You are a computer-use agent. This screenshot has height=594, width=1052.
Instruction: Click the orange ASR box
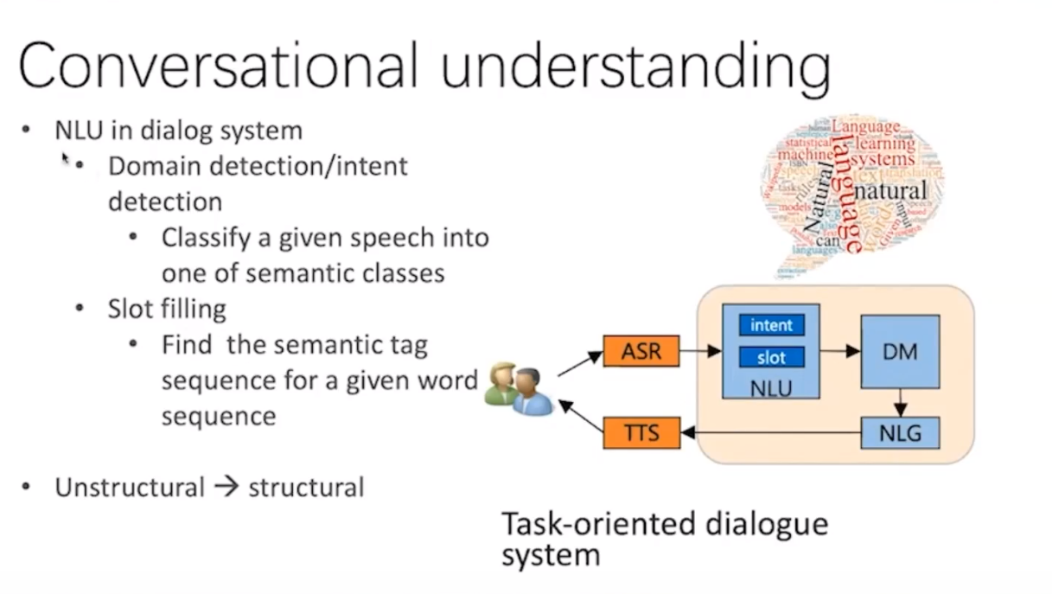click(x=641, y=351)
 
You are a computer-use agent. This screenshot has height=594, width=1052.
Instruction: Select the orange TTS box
click(x=641, y=431)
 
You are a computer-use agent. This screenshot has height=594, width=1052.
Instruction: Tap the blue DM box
click(x=900, y=351)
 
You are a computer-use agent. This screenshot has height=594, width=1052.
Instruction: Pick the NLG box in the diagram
click(x=900, y=431)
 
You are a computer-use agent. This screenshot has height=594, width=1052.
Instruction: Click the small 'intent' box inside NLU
click(x=771, y=325)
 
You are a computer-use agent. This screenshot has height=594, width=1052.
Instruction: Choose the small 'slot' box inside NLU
click(x=771, y=357)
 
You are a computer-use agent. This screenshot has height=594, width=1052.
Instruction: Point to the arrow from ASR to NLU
click(x=700, y=351)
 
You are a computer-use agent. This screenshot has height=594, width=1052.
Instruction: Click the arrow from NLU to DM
click(x=840, y=351)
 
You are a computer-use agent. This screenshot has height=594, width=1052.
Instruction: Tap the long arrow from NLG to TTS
click(x=769, y=431)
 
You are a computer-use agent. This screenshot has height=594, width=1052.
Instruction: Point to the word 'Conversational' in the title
click(x=217, y=65)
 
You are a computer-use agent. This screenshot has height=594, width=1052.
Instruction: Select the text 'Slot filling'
click(x=167, y=309)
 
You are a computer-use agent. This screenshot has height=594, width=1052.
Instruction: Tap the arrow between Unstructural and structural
click(x=226, y=487)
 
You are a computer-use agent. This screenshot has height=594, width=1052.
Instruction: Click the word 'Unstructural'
click(x=130, y=487)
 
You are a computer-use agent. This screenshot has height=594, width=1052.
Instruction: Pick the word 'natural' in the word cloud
click(x=890, y=189)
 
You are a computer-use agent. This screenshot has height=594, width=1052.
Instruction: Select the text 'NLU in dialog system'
click(x=178, y=131)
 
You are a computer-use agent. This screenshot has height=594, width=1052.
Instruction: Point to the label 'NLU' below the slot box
click(x=771, y=387)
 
